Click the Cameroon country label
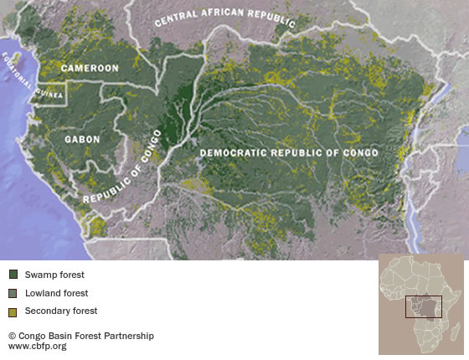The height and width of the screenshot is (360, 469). coord(89,68)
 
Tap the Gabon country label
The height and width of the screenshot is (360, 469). coord(82,140)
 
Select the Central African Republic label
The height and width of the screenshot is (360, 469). coord(225,21)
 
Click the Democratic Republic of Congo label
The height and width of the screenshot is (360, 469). coord(288,153)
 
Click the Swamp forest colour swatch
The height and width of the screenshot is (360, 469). coord(13,275)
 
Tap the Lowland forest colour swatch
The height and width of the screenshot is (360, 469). coord(13,293)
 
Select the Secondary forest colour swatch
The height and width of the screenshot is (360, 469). coord(13,311)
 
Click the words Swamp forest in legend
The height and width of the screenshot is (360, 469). coord(54,275)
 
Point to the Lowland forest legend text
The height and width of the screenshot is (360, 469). coord(56,293)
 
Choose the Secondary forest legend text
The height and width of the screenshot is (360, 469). coord(60,311)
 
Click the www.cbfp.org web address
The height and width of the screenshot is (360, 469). coord(37,346)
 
